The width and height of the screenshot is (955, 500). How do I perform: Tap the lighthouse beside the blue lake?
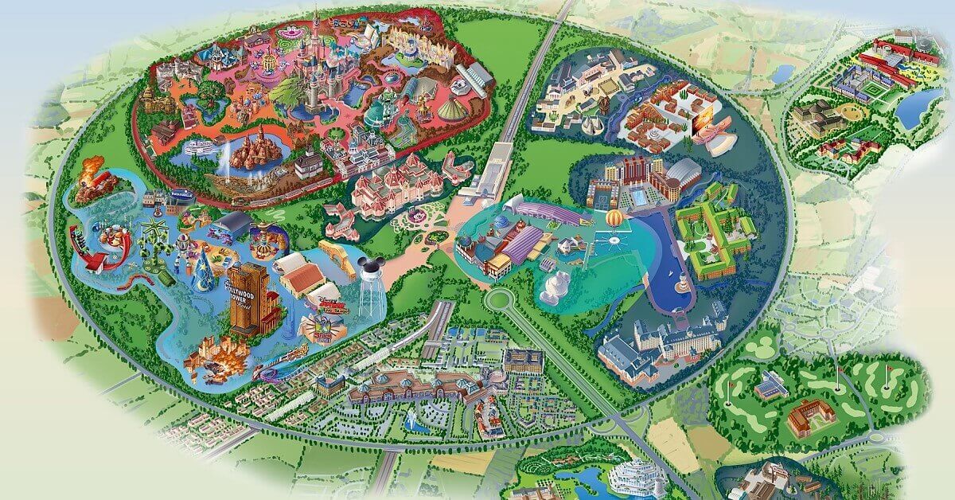[x=682, y=283]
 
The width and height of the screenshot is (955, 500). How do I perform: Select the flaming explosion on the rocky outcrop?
[x=92, y=170]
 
